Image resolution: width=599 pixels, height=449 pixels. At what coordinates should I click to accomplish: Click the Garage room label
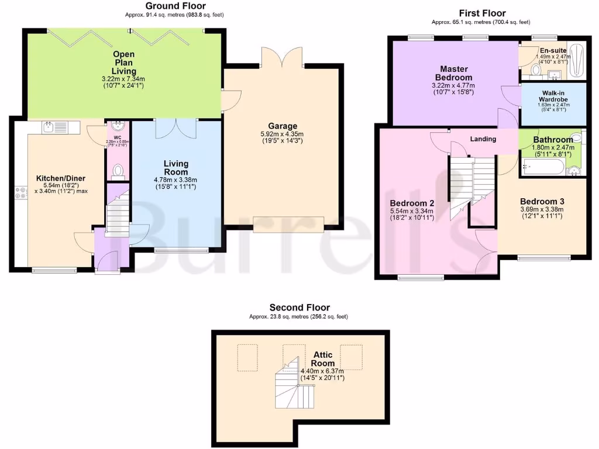[x=283, y=126]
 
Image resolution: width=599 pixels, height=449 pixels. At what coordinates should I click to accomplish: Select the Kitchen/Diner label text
[x=61, y=178]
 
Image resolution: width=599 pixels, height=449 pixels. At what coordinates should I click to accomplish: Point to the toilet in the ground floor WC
[x=118, y=170]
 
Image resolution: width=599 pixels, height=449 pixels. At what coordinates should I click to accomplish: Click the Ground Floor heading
[x=175, y=6]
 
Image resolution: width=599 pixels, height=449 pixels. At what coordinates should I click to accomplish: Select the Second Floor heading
[x=299, y=308]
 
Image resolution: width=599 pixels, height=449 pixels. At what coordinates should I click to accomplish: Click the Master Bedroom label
[x=453, y=73]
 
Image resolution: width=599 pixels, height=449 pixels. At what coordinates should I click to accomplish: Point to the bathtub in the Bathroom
[x=542, y=169]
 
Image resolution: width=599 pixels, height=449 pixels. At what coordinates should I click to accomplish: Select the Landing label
[x=483, y=139]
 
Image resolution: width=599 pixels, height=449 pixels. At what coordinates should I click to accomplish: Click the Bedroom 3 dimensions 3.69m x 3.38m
[x=542, y=210]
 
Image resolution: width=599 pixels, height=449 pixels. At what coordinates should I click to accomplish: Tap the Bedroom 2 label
[x=411, y=203]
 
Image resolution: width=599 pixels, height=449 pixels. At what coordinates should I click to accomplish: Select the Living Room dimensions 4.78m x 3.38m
[x=176, y=179]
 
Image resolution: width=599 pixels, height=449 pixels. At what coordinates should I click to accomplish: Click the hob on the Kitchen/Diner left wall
[x=21, y=193]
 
